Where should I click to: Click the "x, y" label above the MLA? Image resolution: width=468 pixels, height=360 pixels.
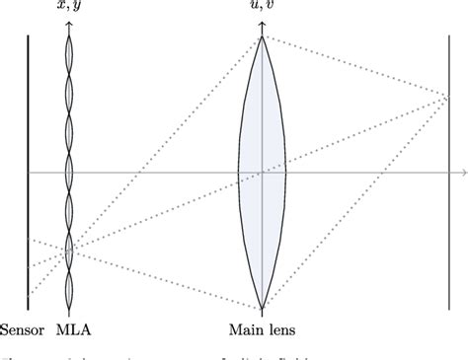(69, 8)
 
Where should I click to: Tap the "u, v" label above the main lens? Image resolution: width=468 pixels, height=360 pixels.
(262, 8)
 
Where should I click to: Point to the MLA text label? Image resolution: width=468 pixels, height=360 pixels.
(75, 330)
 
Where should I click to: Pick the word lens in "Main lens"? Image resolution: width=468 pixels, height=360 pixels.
(281, 330)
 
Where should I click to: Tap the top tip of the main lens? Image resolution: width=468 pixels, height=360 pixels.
(262, 37)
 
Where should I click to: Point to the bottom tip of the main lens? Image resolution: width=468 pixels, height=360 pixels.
(262, 308)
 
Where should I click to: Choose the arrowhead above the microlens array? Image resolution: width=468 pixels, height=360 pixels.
(69, 25)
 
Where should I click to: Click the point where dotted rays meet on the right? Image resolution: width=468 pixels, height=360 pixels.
(448, 97)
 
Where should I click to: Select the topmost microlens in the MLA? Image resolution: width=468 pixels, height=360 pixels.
(69, 49)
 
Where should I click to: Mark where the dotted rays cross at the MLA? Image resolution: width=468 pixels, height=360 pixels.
(69, 252)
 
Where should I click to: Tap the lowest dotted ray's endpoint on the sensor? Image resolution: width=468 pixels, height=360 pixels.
(30, 294)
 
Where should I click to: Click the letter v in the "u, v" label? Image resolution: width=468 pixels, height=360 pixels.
(270, 8)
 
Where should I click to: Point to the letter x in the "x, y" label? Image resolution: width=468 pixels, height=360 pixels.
(61, 8)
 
